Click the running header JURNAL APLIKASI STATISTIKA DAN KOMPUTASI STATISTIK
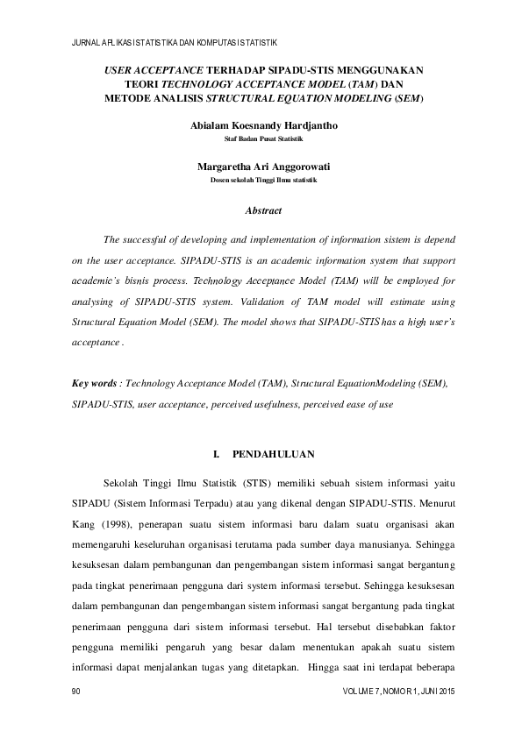(174, 41)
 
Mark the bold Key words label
(97, 384)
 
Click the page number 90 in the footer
(75, 692)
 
